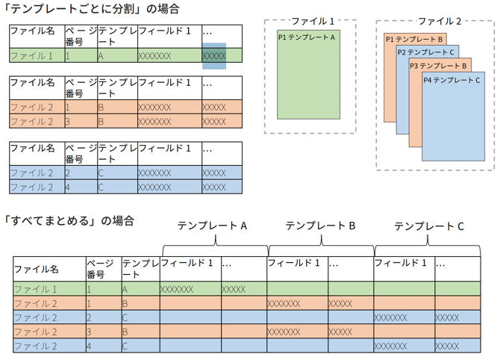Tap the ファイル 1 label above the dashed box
click(x=312, y=22)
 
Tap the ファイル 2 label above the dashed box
click(x=440, y=22)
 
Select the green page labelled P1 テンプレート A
click(x=308, y=75)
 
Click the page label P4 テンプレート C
click(x=451, y=80)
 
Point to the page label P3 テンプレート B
click(x=440, y=66)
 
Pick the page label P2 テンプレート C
click(x=426, y=52)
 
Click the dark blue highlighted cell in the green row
click(x=213, y=56)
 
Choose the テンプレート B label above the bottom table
click(x=320, y=226)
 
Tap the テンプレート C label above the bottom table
click(x=429, y=226)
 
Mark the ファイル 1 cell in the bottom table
click(x=35, y=289)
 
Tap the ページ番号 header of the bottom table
click(x=101, y=269)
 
